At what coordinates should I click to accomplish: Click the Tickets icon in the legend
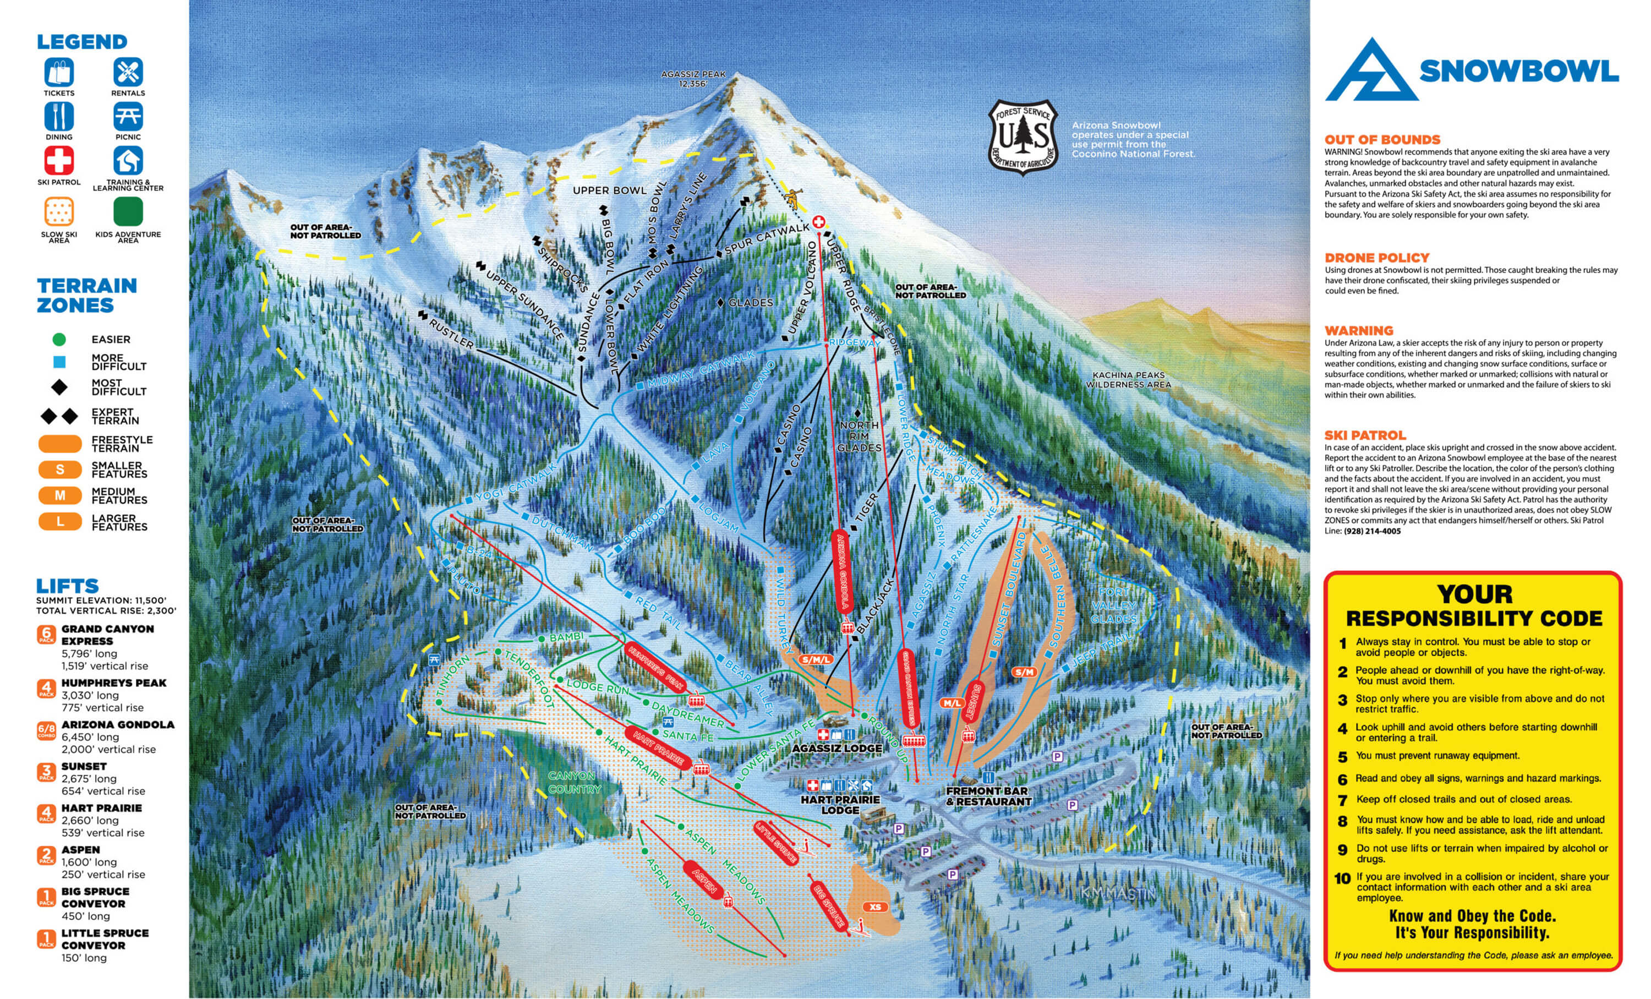click(59, 72)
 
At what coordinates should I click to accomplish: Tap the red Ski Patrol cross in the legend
click(59, 161)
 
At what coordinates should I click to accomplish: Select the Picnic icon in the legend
click(128, 117)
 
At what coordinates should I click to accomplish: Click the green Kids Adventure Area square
click(128, 211)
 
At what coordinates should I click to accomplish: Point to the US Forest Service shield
click(1023, 138)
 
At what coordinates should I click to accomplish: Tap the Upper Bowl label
click(610, 190)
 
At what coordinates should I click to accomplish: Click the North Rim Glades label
click(859, 436)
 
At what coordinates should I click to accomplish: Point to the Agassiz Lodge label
click(837, 748)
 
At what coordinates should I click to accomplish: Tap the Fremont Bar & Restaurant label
click(988, 796)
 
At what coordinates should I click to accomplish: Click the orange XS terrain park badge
click(874, 907)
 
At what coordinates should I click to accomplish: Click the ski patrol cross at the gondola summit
click(818, 222)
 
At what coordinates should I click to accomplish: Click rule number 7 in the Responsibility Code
click(1342, 800)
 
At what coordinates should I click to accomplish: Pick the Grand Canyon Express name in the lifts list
click(108, 635)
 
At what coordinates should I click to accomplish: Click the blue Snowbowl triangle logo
click(1371, 72)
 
